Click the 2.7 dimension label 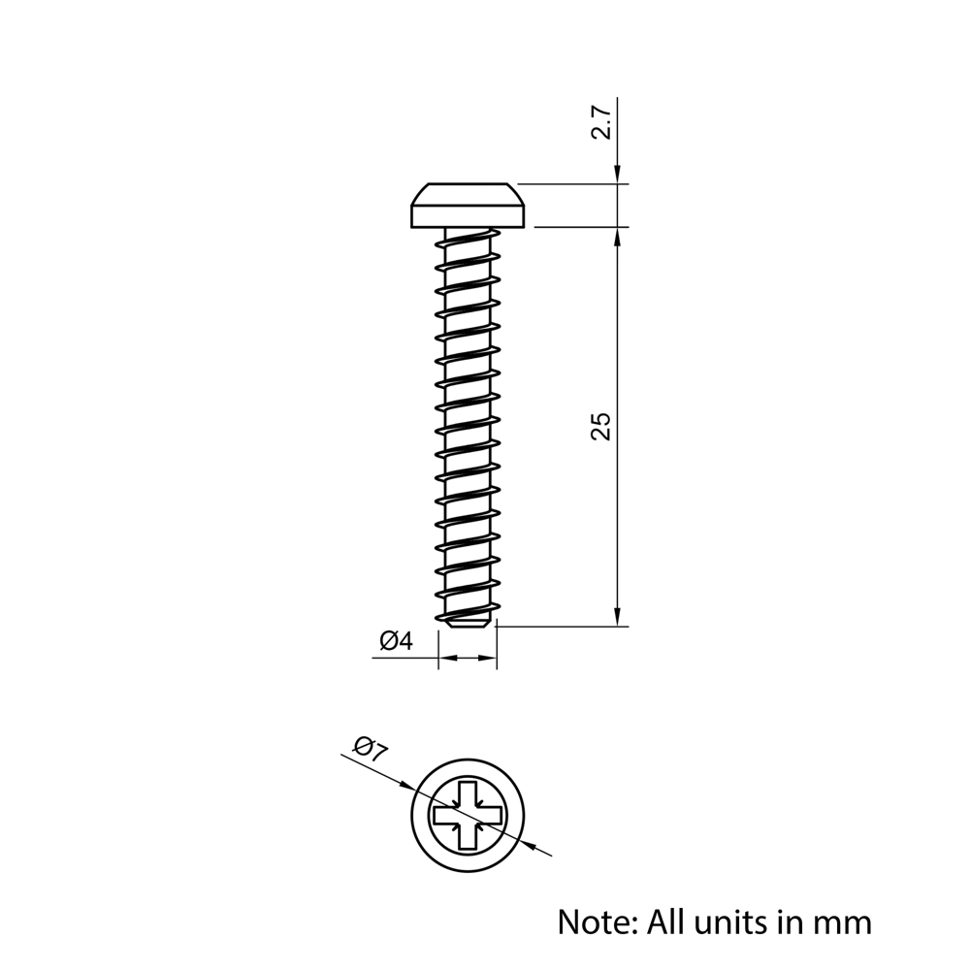602,123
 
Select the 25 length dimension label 602,427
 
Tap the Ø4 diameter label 396,641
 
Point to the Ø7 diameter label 371,749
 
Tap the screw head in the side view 469,206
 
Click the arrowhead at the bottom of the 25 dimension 617,618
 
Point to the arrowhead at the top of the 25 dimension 617,237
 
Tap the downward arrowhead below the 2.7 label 617,175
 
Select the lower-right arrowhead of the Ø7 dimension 530,845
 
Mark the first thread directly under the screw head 468,238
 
